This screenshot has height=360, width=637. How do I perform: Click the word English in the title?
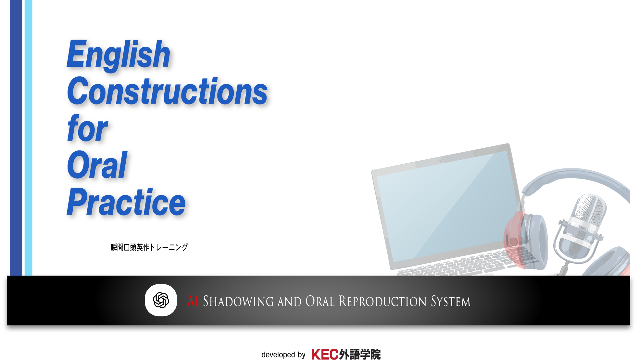(x=119, y=55)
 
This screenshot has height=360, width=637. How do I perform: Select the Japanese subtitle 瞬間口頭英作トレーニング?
(x=149, y=247)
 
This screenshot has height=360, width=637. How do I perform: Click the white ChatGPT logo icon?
(x=161, y=300)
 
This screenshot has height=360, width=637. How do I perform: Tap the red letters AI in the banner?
(x=193, y=301)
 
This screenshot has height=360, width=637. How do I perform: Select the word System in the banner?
(x=451, y=302)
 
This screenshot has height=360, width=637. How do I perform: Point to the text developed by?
(x=283, y=354)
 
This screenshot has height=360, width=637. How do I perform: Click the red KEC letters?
(x=325, y=354)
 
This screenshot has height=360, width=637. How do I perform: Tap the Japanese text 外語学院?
(x=360, y=354)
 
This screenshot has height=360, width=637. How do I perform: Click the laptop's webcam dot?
(x=441, y=160)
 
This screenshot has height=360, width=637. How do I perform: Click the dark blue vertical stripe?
(x=16, y=138)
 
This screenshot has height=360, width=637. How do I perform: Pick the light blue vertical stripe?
(x=29, y=138)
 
